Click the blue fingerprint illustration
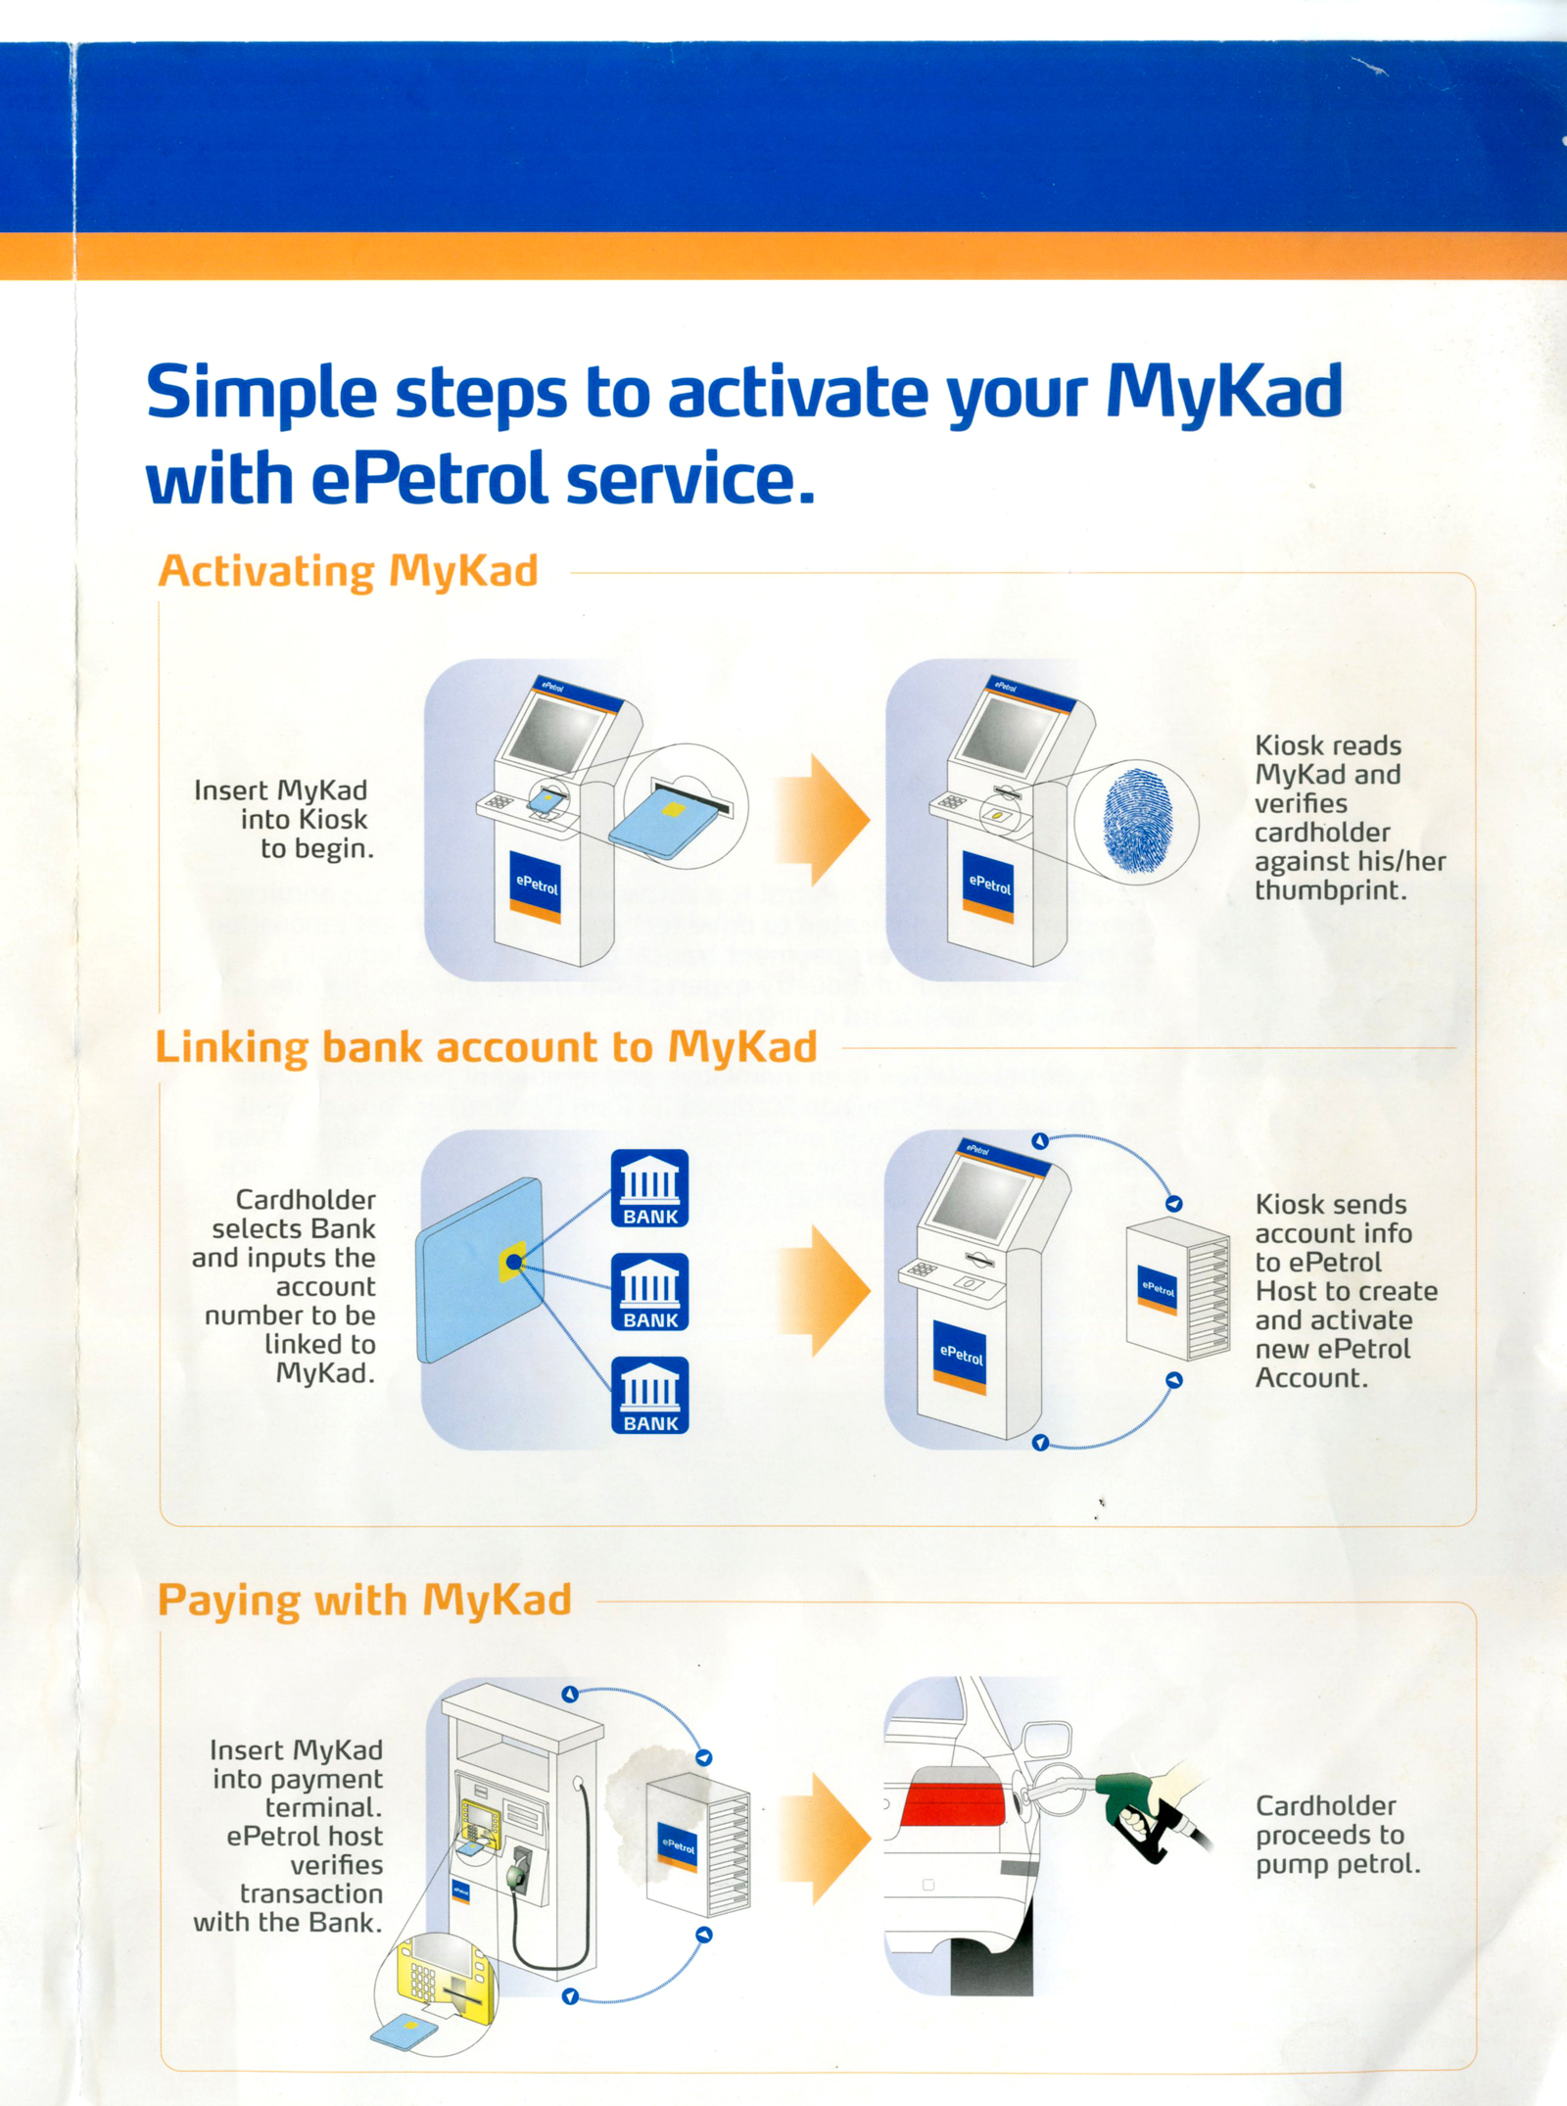1137,820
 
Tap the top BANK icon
650,1188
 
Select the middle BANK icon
650,1292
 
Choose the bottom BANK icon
650,1396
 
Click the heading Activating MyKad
349,571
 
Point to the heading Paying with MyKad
364,1601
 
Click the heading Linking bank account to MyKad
486,1047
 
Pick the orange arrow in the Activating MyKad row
823,821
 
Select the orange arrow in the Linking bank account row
823,1291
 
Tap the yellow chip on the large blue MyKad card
513,1262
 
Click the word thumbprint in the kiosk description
1330,890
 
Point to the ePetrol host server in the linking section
1177,1289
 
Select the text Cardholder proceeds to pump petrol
1338,1835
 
